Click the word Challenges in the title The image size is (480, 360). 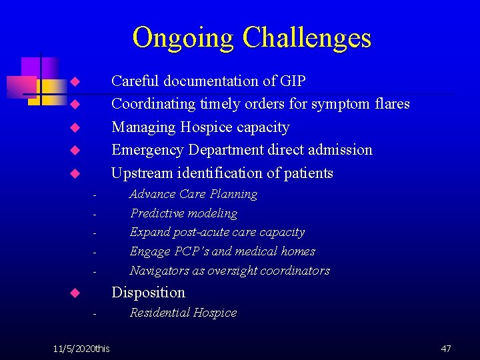click(307, 38)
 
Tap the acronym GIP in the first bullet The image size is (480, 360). click(293, 81)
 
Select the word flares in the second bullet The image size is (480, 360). click(390, 104)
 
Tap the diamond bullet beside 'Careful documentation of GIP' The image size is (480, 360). click(75, 82)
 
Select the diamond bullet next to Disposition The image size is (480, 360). click(75, 293)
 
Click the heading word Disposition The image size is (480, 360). click(148, 293)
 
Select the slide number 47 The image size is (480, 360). click(446, 349)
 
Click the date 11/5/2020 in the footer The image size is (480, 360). click(74, 349)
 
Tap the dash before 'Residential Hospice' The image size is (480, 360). click(95, 314)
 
